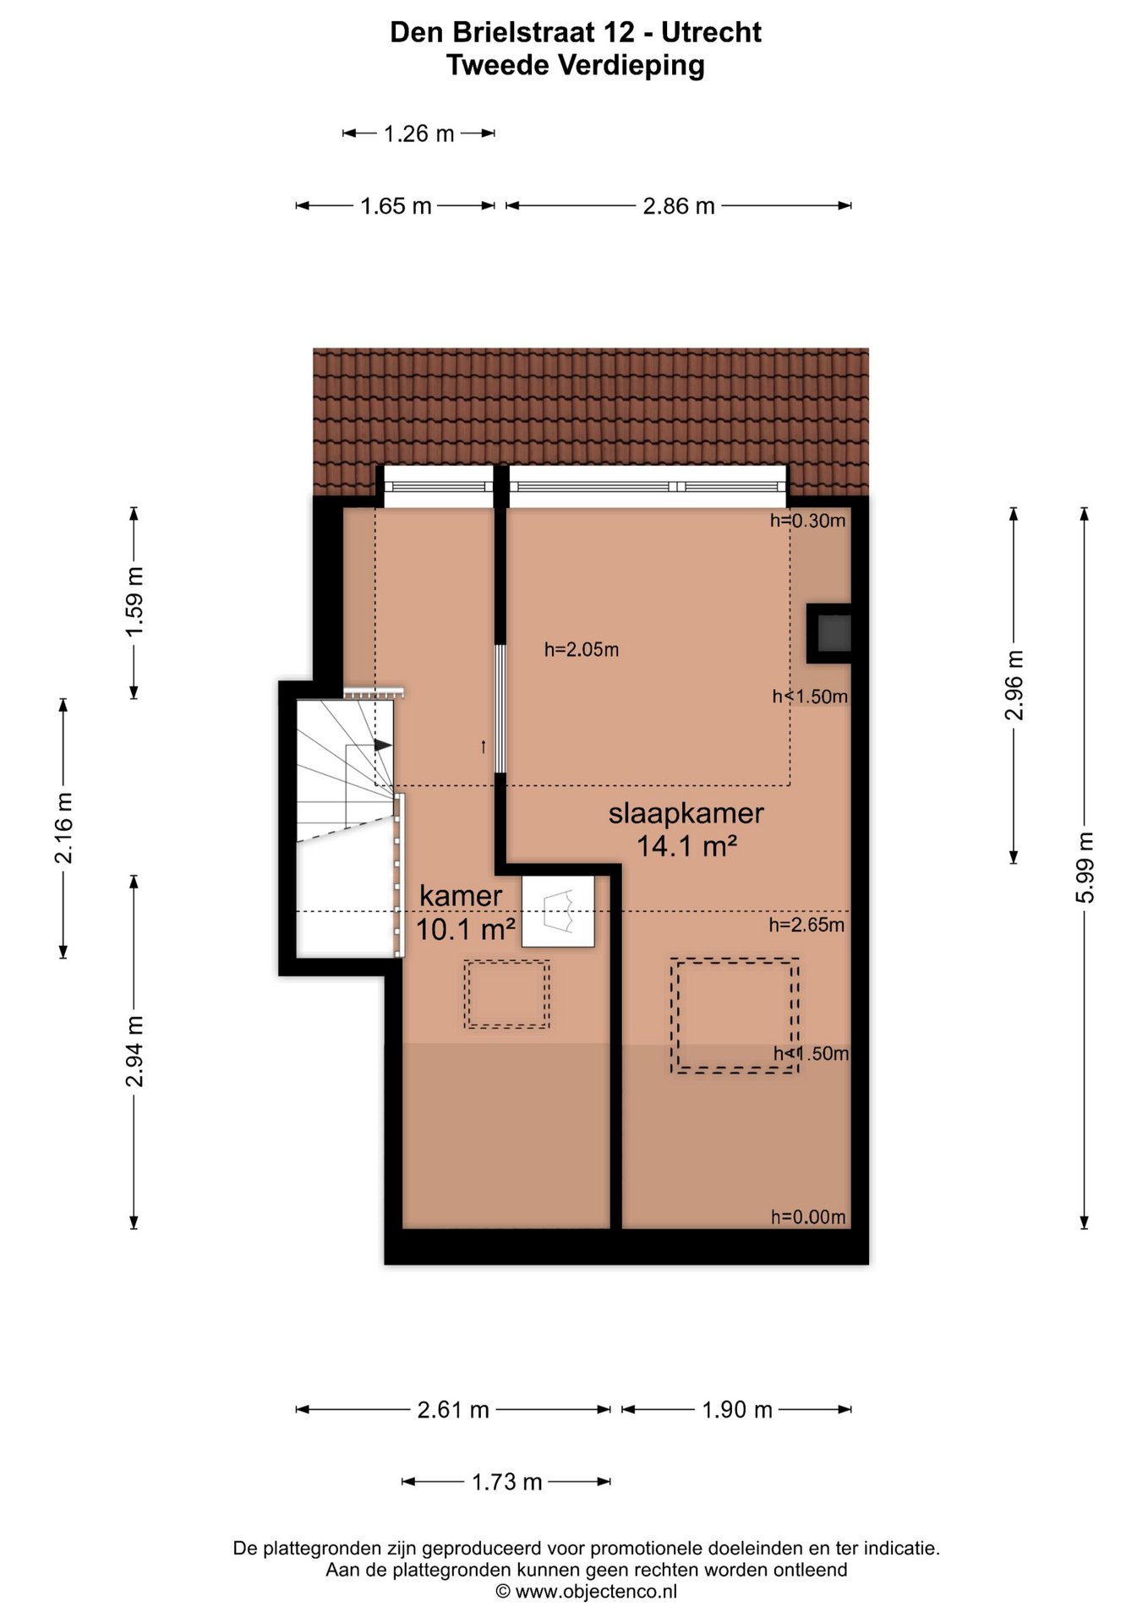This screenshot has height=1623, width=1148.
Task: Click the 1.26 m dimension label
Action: (418, 134)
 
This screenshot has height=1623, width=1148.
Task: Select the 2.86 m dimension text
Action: (679, 206)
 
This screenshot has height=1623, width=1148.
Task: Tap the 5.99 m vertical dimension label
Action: (1085, 867)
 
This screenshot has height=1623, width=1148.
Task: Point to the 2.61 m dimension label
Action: (453, 1410)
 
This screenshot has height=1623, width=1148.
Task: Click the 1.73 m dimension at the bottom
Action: (506, 1482)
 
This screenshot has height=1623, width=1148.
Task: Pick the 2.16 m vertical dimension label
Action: (63, 828)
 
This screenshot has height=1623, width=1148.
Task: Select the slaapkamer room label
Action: (686, 813)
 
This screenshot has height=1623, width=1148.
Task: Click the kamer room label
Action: (461, 896)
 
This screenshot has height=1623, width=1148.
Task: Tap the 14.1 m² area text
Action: (686, 845)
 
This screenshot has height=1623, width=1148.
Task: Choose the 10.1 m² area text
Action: (466, 930)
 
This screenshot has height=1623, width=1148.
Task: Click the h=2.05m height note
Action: (582, 650)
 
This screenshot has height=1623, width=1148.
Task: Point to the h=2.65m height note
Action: (806, 926)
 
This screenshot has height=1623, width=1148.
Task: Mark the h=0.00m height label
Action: (808, 1217)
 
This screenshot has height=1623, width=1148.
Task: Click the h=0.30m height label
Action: (807, 521)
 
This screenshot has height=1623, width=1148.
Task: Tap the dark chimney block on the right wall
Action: (829, 633)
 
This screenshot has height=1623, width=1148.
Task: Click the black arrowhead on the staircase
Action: (383, 746)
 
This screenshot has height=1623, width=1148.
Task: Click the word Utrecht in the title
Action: (711, 32)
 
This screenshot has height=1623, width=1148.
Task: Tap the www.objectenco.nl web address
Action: (596, 1593)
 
